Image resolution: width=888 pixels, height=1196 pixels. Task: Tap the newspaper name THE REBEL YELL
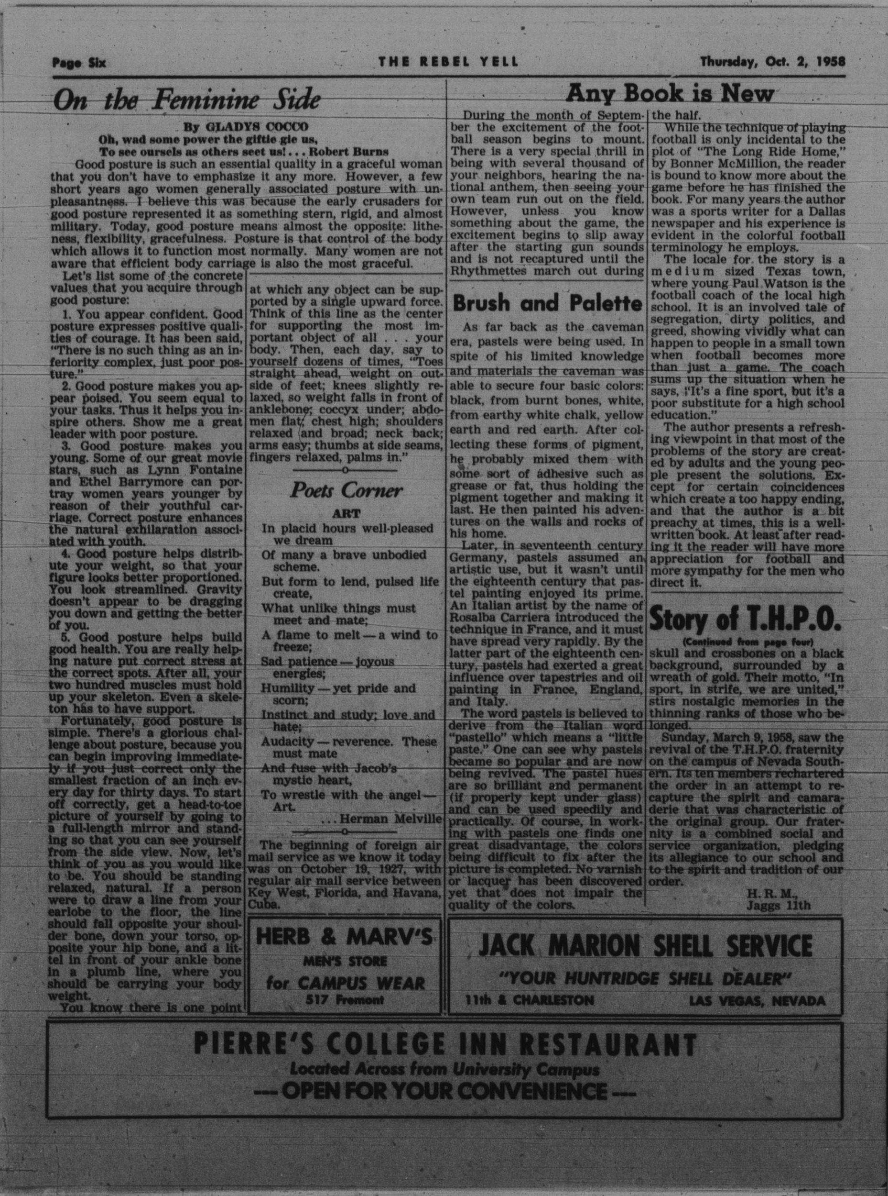pos(448,62)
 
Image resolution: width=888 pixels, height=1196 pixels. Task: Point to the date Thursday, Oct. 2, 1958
pos(772,62)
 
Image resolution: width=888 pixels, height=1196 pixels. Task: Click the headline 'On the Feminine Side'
pos(188,100)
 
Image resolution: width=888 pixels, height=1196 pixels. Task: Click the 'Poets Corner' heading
pos(346,491)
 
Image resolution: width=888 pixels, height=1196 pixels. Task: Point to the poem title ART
pos(346,513)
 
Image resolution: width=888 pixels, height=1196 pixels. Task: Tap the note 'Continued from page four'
pos(747,642)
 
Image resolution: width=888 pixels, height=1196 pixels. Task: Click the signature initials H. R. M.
pos(770,894)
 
